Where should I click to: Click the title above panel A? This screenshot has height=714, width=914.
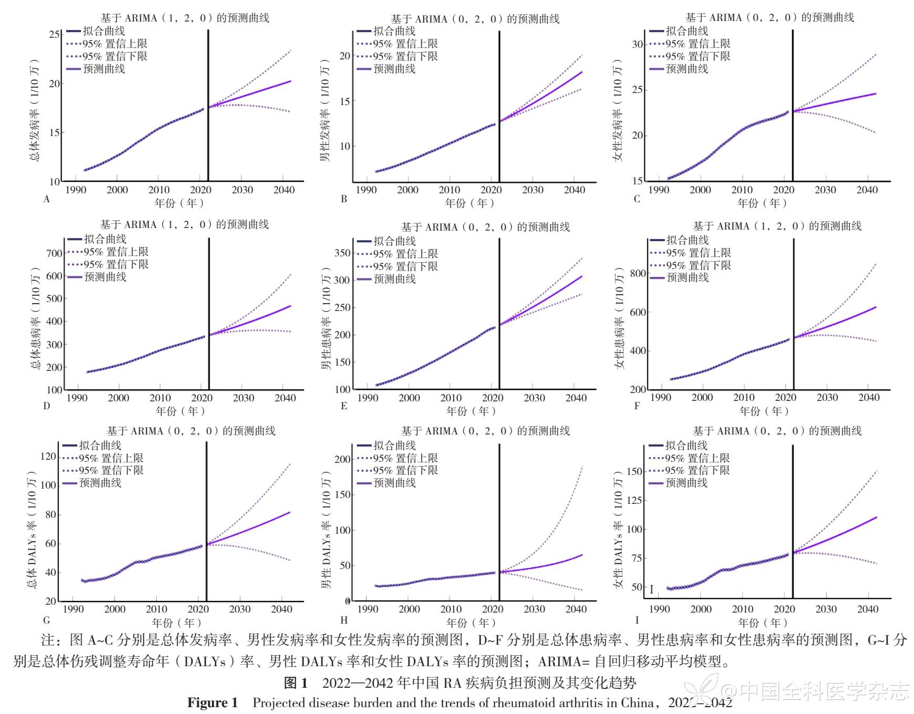pos(185,18)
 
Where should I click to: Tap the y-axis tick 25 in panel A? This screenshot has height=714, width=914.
pos(54,35)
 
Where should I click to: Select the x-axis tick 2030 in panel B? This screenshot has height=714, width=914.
pos(532,190)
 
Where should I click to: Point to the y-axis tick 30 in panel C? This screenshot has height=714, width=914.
pos(637,45)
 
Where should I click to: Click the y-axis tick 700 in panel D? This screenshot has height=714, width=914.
pos(54,253)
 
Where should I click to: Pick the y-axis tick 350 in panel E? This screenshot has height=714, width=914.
pos(343,253)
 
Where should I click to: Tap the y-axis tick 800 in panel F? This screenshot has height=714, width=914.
pos(638,274)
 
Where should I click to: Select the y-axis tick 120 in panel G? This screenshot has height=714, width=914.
pos(48,456)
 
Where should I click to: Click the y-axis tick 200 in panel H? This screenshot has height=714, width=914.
pos(343,459)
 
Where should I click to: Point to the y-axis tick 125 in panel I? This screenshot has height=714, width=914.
pos(634,500)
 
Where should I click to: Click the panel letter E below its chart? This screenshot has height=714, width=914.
pos(344,406)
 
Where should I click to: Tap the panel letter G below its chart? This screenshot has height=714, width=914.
pos(47,620)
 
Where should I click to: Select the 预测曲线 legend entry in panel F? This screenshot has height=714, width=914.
pos(687,277)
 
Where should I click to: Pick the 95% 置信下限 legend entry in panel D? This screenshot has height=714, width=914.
pos(116,264)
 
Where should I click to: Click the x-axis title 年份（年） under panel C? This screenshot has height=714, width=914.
pos(762,203)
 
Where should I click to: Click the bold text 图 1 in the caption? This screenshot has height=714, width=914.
pos(295,683)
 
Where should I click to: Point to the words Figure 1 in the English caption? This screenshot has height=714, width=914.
pos(212,703)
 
